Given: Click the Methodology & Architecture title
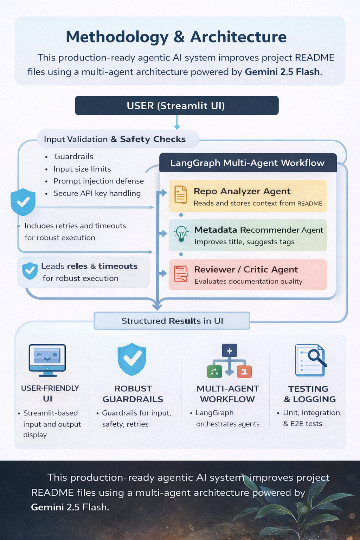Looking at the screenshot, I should [x=176, y=37].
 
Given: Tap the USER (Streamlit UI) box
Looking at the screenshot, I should [x=176, y=105].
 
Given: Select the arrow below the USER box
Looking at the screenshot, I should [x=177, y=123].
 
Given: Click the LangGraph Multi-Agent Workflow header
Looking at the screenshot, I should [x=247, y=163].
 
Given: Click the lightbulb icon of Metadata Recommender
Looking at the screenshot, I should [x=181, y=234].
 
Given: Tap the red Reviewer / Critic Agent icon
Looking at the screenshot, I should [x=181, y=274].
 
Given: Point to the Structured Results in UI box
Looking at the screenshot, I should [x=172, y=321].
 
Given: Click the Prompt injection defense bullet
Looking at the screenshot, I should [x=98, y=181].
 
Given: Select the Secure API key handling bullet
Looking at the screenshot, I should [x=97, y=193].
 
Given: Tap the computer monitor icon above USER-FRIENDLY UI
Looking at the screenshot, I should [x=47, y=360].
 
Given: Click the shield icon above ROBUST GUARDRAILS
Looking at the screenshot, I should [x=132, y=359].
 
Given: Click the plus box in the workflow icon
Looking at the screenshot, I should [x=230, y=351].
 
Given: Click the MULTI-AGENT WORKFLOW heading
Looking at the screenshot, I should [x=227, y=394].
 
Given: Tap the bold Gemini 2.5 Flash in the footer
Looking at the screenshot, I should [x=70, y=507].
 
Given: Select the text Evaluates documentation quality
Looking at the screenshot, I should [x=248, y=281].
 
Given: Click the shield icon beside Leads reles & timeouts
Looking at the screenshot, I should [x=30, y=271].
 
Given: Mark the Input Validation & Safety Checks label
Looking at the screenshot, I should [x=115, y=139].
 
